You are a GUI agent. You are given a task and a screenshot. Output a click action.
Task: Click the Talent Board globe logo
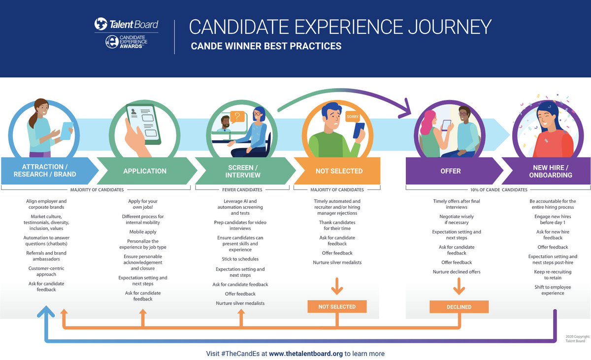101,24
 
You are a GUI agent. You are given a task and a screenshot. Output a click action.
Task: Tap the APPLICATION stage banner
145,171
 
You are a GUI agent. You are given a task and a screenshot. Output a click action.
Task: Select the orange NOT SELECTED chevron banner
339,171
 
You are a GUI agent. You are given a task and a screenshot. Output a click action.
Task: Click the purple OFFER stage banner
450,171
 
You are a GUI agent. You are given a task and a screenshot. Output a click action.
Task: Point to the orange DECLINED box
459,307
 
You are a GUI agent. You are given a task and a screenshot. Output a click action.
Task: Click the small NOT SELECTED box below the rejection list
337,307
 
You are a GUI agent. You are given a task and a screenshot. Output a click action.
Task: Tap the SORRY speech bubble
353,117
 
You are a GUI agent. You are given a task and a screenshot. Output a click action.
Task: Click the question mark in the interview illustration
238,117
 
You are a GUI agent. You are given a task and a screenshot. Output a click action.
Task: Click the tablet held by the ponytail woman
66,131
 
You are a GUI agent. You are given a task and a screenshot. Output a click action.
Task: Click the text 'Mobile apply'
143,232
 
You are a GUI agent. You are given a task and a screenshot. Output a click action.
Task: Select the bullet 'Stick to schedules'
240,259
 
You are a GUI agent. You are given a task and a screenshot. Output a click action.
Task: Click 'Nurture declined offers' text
457,272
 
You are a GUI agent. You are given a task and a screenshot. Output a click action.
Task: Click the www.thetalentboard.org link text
306,354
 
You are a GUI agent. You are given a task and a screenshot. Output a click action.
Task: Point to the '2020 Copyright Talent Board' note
577,339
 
